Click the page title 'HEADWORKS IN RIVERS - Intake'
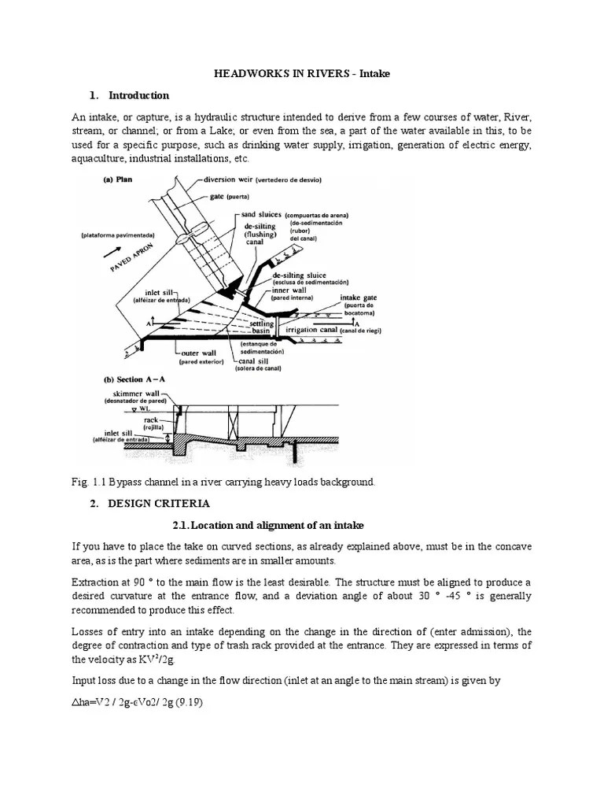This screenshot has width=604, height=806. tap(302, 73)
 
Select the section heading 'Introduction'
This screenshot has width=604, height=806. tap(138, 95)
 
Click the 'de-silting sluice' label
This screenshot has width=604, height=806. tap(303, 275)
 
